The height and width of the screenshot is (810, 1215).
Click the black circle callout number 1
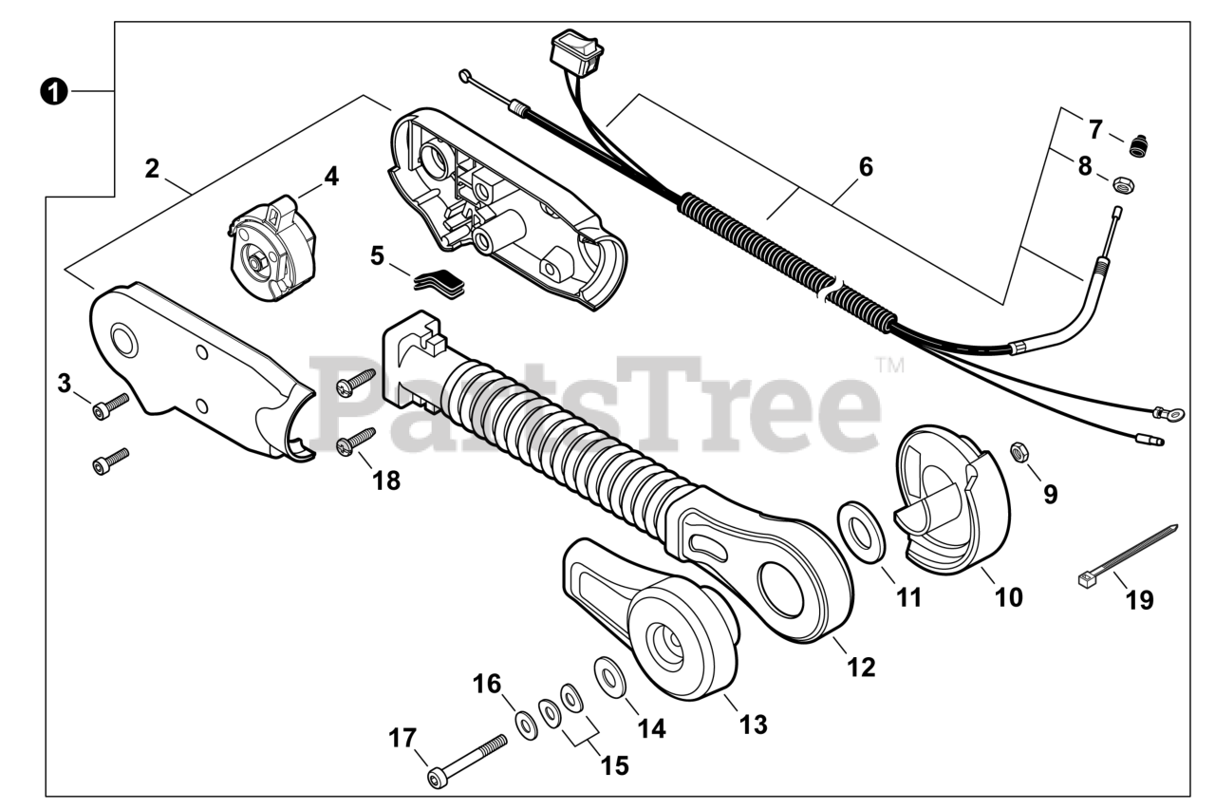[54, 91]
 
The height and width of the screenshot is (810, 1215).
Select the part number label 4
[330, 176]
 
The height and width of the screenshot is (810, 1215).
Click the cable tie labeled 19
[1129, 552]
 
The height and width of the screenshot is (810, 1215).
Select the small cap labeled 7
[1137, 146]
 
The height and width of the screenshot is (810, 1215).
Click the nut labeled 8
[1122, 182]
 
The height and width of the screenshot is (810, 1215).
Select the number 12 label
[861, 668]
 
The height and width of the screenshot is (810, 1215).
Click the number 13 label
[753, 725]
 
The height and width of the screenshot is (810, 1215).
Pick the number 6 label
[865, 168]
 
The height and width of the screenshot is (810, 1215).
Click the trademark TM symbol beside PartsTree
[889, 364]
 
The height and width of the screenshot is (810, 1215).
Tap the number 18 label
[386, 480]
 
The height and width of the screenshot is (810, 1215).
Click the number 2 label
[152, 169]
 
